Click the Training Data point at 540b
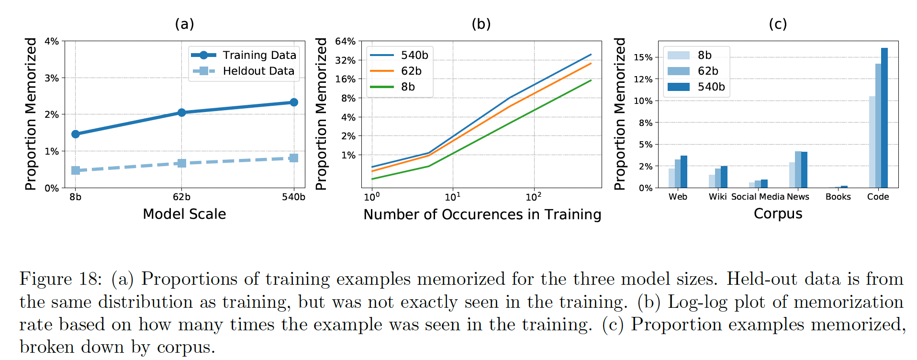294,102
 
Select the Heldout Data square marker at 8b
76,170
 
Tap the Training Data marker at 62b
181,112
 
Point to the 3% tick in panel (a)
52,78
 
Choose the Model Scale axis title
184,214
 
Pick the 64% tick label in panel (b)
345,42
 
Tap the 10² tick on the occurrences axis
533,197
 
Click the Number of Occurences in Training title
482,214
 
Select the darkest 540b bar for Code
884,118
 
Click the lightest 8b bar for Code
872,142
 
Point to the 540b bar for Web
684,172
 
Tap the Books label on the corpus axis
838,197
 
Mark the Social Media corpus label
758,197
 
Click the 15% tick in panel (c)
643,57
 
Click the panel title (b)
481,24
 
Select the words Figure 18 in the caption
60,279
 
